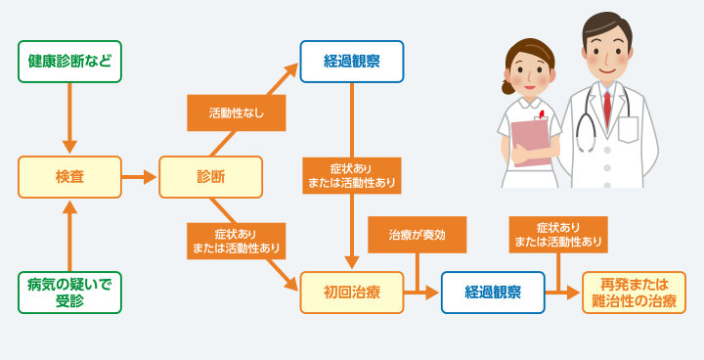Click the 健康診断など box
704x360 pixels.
point(69,62)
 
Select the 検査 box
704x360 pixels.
point(69,177)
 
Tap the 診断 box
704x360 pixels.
point(210,177)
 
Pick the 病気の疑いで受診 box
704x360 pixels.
point(69,292)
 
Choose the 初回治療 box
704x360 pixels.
point(352,292)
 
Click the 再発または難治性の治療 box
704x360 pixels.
point(635,292)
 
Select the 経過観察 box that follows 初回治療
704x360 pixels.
point(493,292)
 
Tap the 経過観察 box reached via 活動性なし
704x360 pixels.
point(352,62)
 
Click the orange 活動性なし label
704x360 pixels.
point(237,113)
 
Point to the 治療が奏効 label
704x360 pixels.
point(417,235)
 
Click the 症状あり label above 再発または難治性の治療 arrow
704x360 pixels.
point(558,235)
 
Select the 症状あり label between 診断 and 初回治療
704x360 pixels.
point(237,241)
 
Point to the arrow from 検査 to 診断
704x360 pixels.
point(141,177)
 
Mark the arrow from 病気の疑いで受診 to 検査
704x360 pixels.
point(69,235)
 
